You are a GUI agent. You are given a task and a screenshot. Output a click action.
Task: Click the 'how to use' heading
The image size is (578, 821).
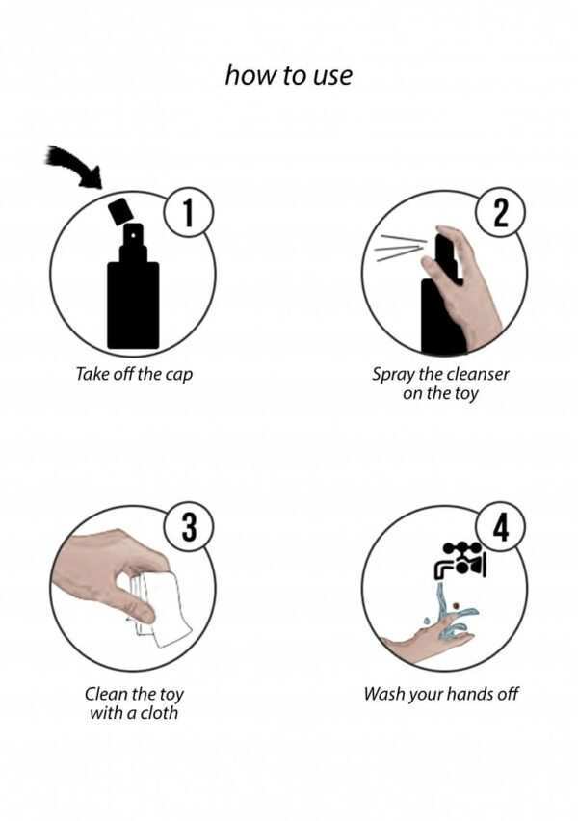click(288, 75)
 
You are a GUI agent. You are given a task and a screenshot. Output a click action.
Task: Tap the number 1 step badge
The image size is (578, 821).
click(189, 212)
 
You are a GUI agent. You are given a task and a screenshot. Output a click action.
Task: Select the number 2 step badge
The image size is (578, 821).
click(501, 213)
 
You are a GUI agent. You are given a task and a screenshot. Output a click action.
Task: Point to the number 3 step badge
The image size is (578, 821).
click(189, 527)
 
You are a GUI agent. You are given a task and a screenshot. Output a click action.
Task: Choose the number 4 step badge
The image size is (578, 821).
click(501, 527)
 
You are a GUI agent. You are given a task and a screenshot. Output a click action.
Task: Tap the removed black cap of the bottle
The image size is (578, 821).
click(118, 211)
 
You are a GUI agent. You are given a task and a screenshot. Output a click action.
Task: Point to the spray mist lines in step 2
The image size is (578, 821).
click(400, 247)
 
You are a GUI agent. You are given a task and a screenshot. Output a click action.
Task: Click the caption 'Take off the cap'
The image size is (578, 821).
click(134, 375)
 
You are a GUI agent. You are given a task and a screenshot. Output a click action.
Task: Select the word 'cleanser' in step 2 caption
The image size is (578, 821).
click(478, 374)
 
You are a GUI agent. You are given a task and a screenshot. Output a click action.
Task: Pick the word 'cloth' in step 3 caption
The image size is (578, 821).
click(159, 712)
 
